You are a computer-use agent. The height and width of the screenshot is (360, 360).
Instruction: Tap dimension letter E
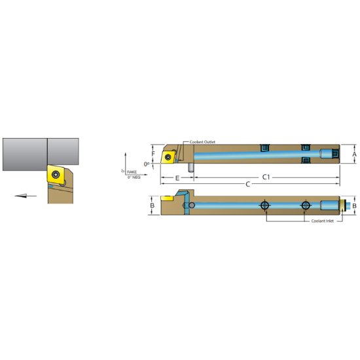click(177, 177)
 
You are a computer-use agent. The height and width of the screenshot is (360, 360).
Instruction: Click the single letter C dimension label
click(247, 185)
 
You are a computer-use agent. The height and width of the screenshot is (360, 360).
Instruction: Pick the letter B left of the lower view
click(152, 206)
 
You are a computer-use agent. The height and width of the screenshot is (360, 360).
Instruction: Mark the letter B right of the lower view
click(354, 206)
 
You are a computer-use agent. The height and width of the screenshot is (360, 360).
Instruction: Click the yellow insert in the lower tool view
click(168, 197)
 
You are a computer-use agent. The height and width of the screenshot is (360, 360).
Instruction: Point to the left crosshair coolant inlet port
click(264, 206)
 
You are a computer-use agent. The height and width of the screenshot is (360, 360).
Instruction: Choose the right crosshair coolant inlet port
click(305, 206)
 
